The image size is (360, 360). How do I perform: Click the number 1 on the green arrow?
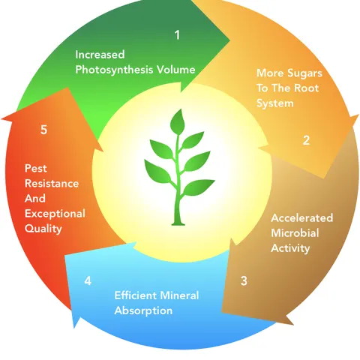(177, 34)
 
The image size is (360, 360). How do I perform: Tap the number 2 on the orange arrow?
(306, 140)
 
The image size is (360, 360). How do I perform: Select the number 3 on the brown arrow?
(244, 280)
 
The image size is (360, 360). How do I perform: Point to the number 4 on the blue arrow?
(88, 280)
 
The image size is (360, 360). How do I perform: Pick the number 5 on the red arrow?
(43, 130)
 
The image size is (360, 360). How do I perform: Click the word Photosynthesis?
(114, 70)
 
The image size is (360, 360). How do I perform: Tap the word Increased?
(100, 55)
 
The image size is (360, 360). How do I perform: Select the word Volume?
(175, 69)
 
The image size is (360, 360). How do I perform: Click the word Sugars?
(304, 73)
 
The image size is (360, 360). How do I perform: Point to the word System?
(275, 103)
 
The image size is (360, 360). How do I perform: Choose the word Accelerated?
(302, 217)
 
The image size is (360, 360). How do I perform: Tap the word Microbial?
(295, 233)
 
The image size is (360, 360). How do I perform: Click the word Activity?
(290, 248)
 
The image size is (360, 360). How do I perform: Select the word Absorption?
(143, 310)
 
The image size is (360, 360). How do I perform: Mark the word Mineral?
(179, 295)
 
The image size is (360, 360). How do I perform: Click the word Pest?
(36, 168)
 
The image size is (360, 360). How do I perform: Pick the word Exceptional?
(55, 214)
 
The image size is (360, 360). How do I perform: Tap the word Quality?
(43, 229)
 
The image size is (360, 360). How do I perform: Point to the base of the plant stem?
(178, 223)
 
